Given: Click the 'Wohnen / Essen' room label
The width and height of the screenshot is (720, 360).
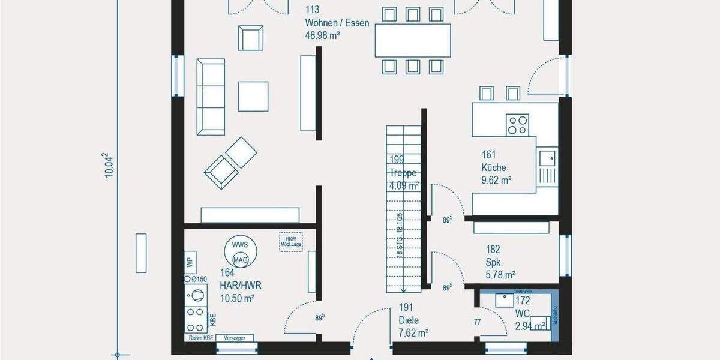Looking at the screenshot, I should click(x=337, y=23).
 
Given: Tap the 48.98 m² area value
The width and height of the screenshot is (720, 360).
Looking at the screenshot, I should click(x=323, y=35).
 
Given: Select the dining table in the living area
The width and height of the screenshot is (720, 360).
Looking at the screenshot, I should click(x=413, y=40).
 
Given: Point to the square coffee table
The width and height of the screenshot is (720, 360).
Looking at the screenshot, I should click(x=253, y=96).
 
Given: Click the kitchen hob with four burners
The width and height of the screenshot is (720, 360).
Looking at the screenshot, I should click(x=517, y=125).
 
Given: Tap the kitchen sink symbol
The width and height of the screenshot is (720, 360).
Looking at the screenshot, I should click(x=547, y=158).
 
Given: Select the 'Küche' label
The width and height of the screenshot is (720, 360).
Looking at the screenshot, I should click(x=493, y=168).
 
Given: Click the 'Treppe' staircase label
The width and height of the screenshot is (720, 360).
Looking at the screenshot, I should click(x=403, y=173).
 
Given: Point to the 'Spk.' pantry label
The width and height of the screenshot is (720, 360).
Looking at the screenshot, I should click(x=493, y=262).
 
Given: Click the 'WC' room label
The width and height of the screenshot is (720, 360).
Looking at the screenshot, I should click(x=523, y=313).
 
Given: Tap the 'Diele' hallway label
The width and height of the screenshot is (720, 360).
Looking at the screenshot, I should click(x=409, y=321).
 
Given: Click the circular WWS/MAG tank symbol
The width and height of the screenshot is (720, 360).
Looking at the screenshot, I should click(x=241, y=252).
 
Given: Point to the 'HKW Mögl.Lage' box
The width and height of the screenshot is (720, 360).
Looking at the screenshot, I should click(x=290, y=241).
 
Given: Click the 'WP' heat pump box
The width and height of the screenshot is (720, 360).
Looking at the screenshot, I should click(x=190, y=262).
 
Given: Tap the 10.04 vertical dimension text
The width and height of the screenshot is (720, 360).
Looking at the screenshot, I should click(x=109, y=165).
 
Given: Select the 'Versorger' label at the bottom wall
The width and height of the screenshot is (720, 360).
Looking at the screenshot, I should click(x=235, y=338).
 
